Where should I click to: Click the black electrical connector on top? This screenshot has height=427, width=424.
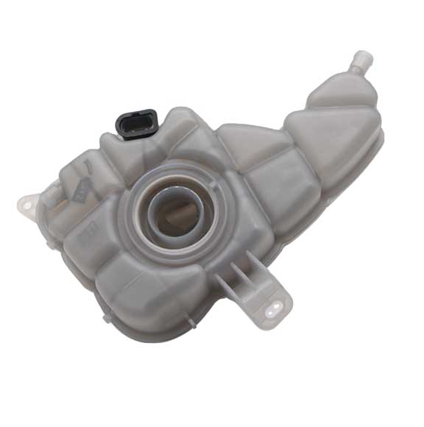click(x=137, y=123)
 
